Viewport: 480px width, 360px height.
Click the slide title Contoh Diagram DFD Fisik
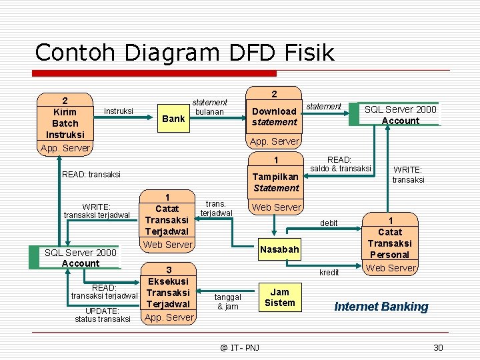pos(185,52)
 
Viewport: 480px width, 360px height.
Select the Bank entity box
pos(173,119)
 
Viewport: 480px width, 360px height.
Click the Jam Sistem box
pos(280,297)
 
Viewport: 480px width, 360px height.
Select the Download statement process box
pos(274,117)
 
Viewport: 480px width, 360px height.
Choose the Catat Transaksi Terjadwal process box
pos(167,220)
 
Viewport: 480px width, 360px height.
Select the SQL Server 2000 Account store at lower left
pos(79,257)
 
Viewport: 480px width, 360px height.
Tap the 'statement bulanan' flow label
pos(209,107)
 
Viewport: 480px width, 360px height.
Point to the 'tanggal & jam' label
pos(228,302)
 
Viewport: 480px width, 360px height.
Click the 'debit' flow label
pos(329,223)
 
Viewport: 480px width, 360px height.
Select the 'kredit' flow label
pos(329,272)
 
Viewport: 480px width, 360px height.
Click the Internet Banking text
pos(381,307)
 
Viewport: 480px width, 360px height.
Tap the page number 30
pos(438,347)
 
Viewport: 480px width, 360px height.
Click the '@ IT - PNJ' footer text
pos(240,347)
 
